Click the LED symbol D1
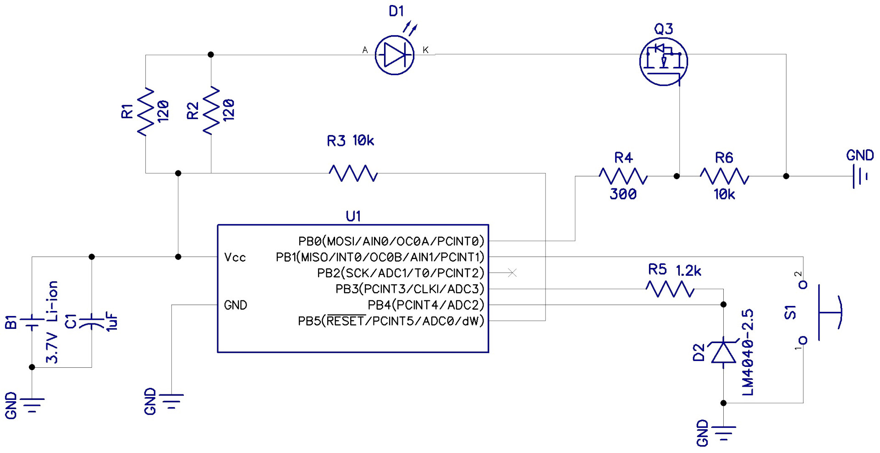coord(394,55)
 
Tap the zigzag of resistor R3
coord(353,174)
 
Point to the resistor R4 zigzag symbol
coord(623,176)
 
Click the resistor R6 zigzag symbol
coord(724,176)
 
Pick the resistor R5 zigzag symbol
coord(670,289)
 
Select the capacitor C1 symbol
coord(92,322)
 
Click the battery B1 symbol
coord(32,322)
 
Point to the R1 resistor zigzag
coord(146,111)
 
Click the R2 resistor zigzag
coord(211,110)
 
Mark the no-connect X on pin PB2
coord(512,273)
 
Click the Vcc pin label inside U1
coord(235,257)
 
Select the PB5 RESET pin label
coord(391,321)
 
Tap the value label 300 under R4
coord(623,194)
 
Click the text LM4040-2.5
coord(748,352)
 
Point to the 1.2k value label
coord(688,271)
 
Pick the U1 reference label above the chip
coord(353,216)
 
